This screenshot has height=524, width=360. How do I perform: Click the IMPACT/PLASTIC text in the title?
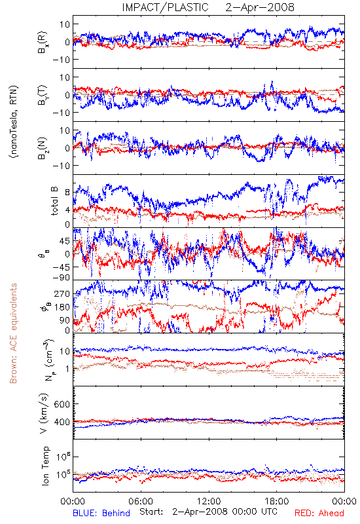point(166,7)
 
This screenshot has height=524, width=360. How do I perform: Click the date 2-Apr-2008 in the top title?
point(260,7)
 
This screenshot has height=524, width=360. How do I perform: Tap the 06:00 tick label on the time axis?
point(141,501)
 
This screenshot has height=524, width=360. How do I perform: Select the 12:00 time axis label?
point(209,501)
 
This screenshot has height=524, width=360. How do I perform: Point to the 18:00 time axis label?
point(277,501)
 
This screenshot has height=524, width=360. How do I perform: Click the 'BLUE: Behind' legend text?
point(101,513)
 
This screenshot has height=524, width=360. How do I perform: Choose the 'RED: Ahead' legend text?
point(319,513)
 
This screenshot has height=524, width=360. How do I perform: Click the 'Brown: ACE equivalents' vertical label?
point(12,333)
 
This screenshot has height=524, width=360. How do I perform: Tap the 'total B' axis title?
point(54,201)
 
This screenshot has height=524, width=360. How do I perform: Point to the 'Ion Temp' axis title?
point(45,466)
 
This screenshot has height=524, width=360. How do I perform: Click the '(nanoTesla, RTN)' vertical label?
point(14,122)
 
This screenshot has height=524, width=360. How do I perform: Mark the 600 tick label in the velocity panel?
point(62,404)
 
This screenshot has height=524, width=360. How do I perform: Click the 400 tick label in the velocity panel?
point(62,422)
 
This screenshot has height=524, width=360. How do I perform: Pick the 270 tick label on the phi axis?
point(62,293)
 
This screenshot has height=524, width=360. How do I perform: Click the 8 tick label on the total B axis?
point(67,192)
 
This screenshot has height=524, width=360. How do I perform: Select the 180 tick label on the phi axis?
point(62,307)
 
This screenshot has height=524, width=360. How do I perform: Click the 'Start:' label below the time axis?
point(151,512)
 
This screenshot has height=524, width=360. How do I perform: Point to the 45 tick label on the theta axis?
point(65,241)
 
